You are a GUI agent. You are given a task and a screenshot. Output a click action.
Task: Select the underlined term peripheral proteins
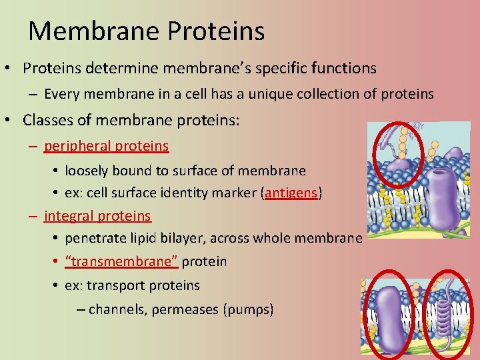107,145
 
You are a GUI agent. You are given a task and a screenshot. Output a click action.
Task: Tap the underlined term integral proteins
98,216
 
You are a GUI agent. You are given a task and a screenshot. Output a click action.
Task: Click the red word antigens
293,193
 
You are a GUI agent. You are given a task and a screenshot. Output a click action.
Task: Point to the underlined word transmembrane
121,261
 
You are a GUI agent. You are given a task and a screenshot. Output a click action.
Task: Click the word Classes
47,120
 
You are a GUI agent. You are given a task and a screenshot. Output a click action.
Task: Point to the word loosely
89,171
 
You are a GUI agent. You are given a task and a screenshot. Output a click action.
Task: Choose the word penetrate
94,238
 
